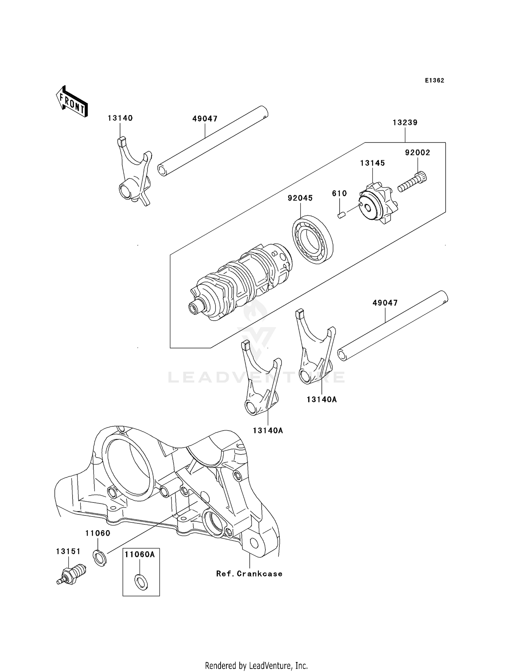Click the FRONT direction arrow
[x=72, y=102]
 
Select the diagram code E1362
[x=434, y=80]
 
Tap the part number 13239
[x=405, y=123]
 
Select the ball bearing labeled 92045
[x=313, y=239]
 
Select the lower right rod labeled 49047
[x=392, y=325]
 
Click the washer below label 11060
[x=100, y=558]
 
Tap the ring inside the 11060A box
[x=142, y=582]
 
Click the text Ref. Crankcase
[x=249, y=574]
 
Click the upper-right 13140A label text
[x=321, y=399]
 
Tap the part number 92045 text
[x=300, y=198]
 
